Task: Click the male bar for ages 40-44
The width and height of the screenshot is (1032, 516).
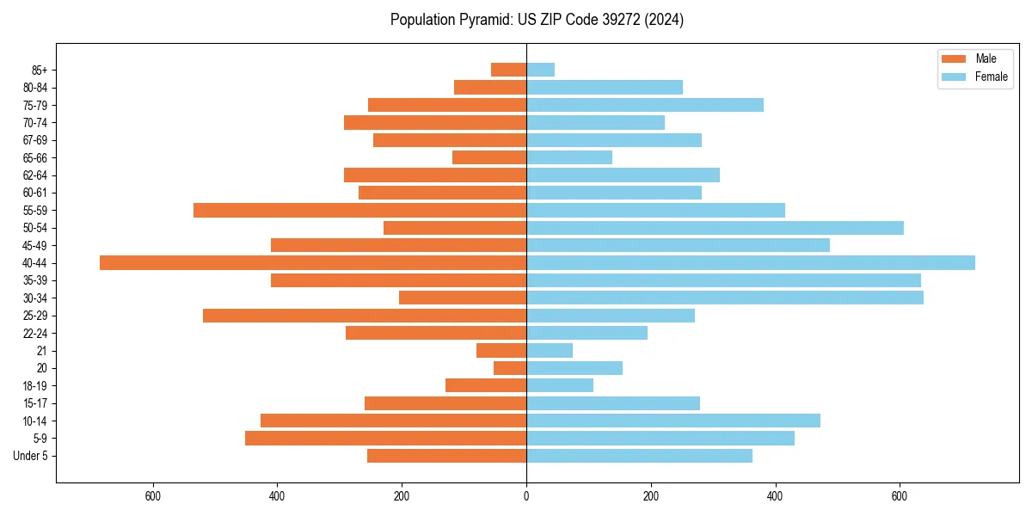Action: coord(313,262)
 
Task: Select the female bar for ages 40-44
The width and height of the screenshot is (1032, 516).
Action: coord(751,262)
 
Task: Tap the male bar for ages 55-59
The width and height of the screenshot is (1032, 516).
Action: coord(359,210)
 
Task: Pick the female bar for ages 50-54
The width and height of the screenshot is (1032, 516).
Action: coord(715,228)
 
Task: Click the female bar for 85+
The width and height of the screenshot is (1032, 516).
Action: coord(540,70)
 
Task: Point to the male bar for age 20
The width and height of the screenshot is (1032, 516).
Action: coord(510,368)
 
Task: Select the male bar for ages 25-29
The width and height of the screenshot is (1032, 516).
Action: coord(365,316)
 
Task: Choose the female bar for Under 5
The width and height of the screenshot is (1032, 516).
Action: coord(639,456)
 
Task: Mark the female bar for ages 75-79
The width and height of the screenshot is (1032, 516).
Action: coord(645,105)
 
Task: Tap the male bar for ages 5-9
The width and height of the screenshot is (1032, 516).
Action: coord(385,439)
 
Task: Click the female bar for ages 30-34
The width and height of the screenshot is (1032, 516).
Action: coord(725,298)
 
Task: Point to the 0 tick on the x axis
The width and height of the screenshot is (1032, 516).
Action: coord(526,496)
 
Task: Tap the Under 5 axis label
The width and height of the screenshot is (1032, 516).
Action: coord(31,457)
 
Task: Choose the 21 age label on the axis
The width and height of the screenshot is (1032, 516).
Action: coord(42,351)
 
